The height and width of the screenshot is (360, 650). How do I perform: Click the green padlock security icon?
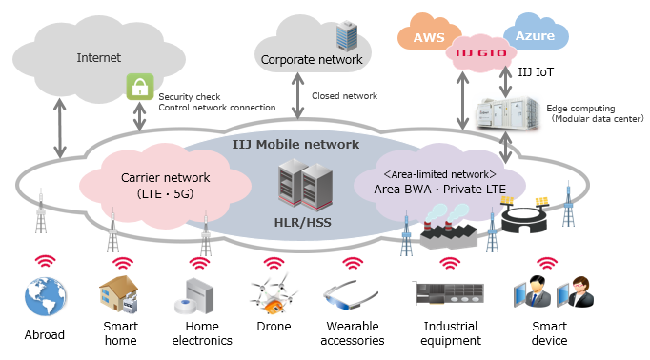(x=140, y=87)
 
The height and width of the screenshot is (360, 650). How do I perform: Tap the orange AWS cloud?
(x=422, y=37)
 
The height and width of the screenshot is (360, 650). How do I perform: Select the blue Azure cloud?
(x=535, y=34)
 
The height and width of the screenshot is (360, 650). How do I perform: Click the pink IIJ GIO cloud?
(x=478, y=52)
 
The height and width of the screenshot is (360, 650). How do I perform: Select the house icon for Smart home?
(x=121, y=295)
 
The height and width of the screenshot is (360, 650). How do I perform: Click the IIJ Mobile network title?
(x=295, y=145)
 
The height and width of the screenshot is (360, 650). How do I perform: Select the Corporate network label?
(x=311, y=60)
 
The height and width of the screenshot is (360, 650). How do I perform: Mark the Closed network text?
(x=344, y=96)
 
